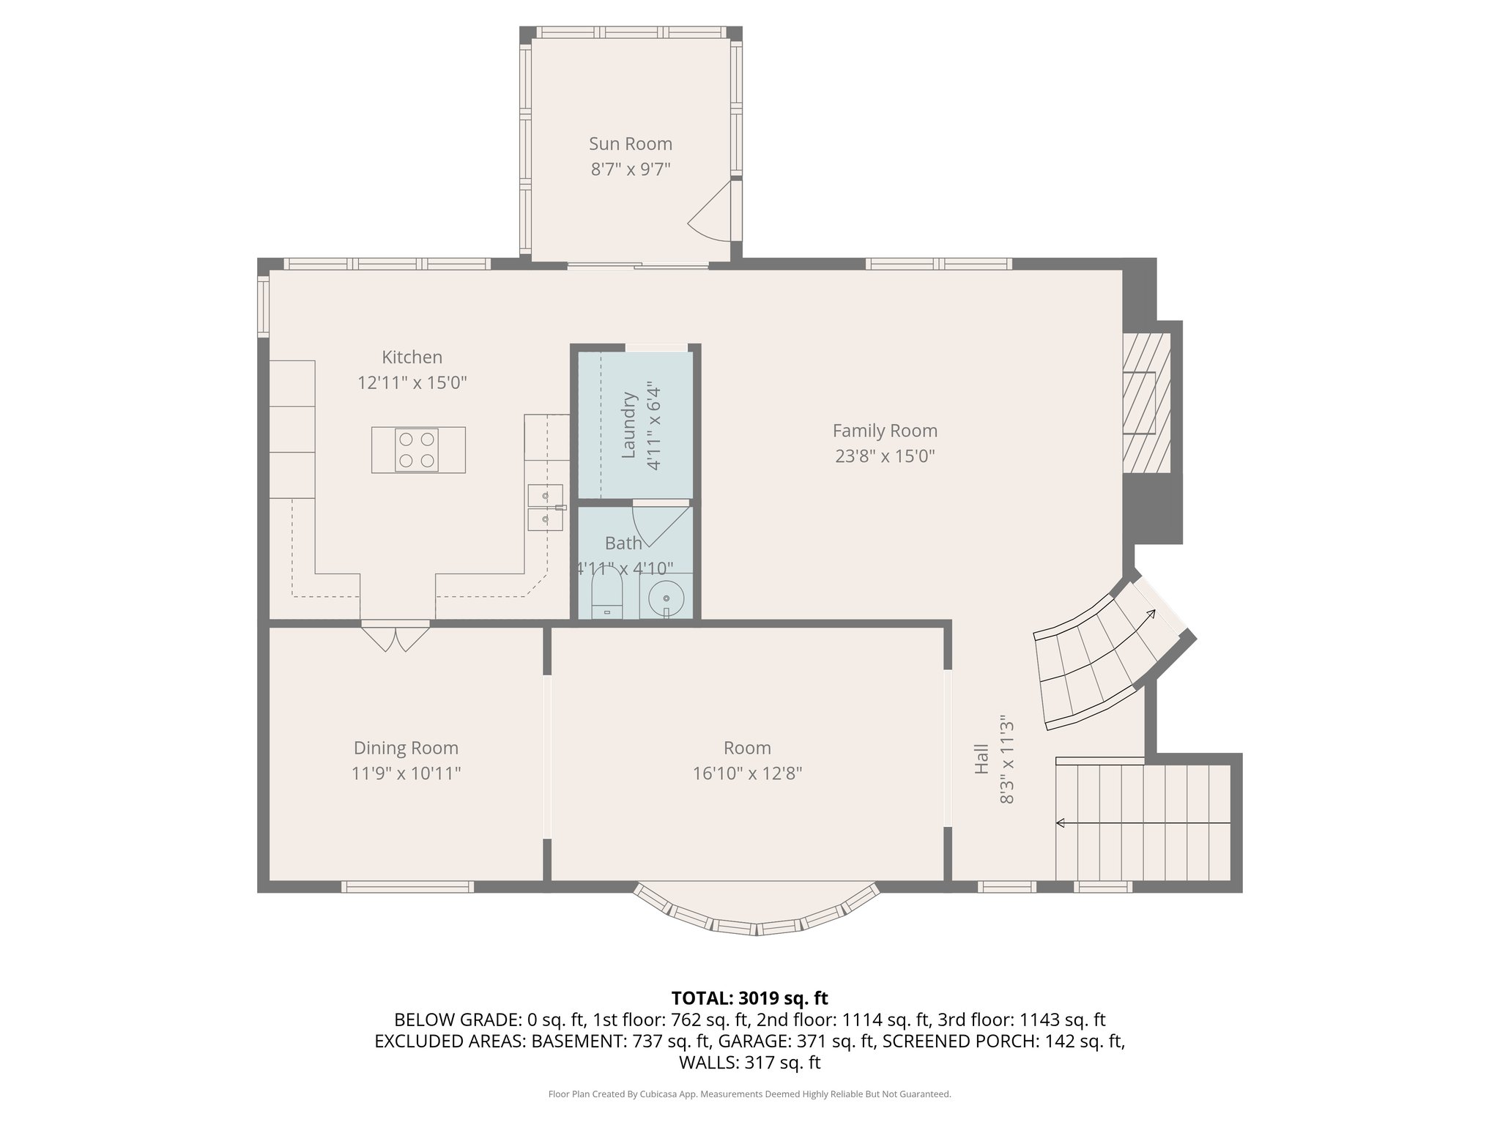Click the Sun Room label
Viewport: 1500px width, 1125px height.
[x=631, y=144]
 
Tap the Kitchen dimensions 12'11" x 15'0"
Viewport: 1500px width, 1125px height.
[x=412, y=382]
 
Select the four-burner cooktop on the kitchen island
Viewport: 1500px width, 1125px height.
[x=417, y=450]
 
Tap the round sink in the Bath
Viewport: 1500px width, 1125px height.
[x=666, y=597]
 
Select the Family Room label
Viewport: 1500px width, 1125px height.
[x=885, y=431]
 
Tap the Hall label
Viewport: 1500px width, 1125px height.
[x=981, y=759]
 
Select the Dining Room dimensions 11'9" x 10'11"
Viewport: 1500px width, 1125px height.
[x=406, y=773]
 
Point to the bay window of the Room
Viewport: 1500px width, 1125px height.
[x=757, y=918]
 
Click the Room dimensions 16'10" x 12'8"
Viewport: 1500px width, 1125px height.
[x=747, y=773]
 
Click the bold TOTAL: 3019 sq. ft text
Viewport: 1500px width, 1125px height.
[x=749, y=998]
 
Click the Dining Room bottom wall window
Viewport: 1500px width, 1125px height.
[x=407, y=887]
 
